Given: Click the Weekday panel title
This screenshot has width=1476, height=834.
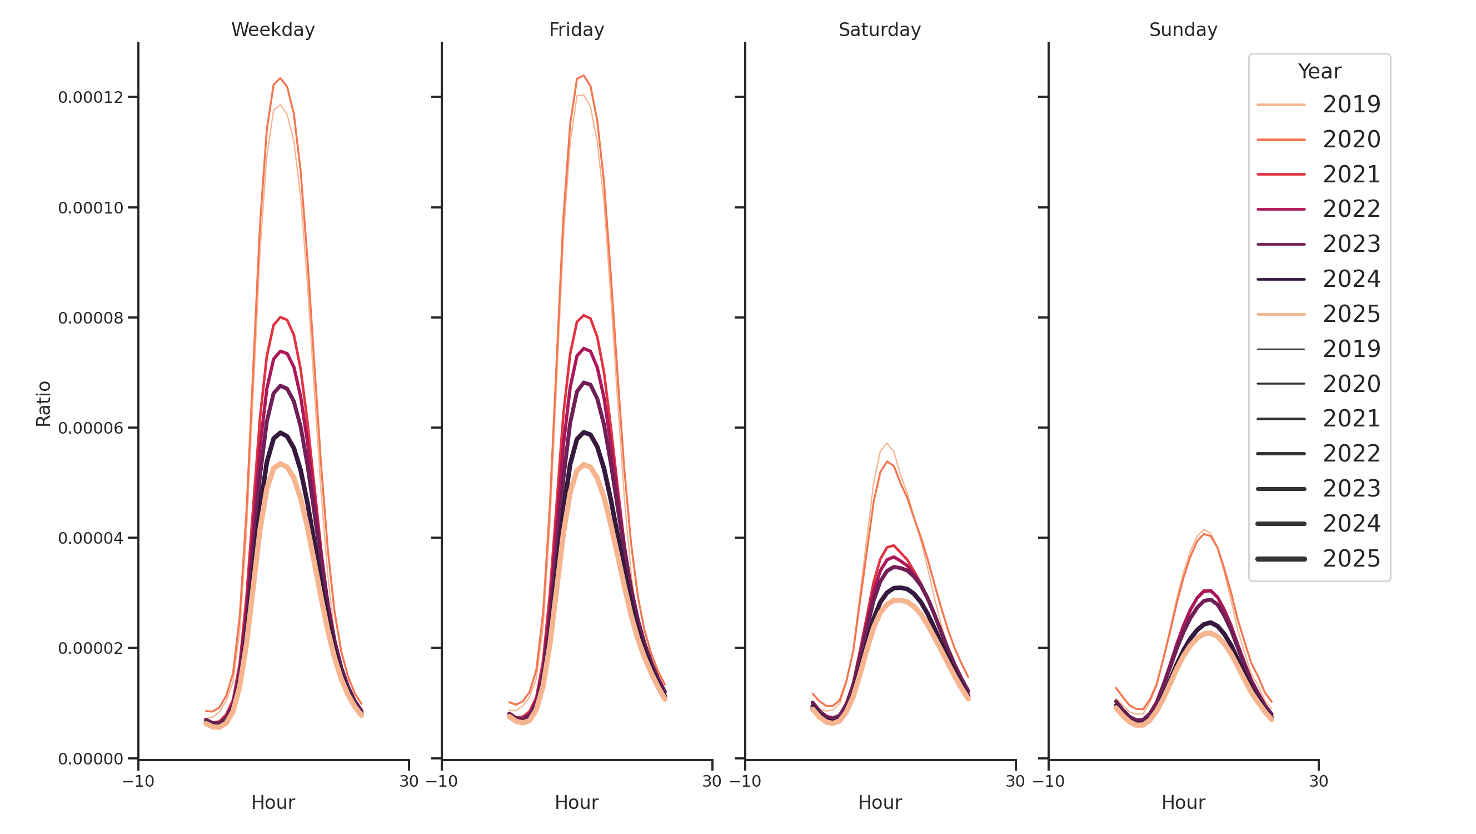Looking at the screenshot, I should coord(273,30).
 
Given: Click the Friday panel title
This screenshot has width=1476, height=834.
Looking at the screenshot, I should coord(576,30).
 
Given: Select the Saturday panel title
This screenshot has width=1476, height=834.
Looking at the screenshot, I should coord(880,30).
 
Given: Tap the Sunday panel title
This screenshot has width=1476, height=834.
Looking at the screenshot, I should coord(1183,30).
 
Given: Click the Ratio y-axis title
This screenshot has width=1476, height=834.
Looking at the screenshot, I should coord(43,404).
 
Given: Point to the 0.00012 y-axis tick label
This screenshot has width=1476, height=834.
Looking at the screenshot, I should coord(91,97).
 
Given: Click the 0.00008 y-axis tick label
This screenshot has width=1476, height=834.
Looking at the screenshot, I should coord(91,318).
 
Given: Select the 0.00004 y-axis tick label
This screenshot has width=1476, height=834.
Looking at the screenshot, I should coord(91,538).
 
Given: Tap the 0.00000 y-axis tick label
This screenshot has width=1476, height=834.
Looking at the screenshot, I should coord(91,759).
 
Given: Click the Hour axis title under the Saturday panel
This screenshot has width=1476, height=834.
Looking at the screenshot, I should coord(880,802).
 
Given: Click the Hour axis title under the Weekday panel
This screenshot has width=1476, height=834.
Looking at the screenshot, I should coord(273,802).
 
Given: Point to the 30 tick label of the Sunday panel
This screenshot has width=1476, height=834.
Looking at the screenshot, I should coord(1318,781).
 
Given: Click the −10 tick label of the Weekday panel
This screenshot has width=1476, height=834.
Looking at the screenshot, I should coord(138,781).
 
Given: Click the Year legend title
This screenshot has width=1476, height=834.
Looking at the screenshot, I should coord(1319,72).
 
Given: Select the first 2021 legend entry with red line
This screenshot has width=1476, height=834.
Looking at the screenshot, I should coord(1318,174).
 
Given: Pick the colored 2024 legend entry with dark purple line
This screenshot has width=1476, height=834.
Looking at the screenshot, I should coord(1318,279).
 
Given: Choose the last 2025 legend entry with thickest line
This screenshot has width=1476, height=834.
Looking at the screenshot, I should coord(1318,558).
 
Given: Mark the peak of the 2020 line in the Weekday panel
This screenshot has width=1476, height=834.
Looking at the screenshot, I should coord(280,78).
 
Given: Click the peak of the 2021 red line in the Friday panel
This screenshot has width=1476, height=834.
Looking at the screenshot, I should coord(584,315).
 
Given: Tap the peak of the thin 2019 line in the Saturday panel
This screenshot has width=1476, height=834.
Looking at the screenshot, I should coord(887,443).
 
